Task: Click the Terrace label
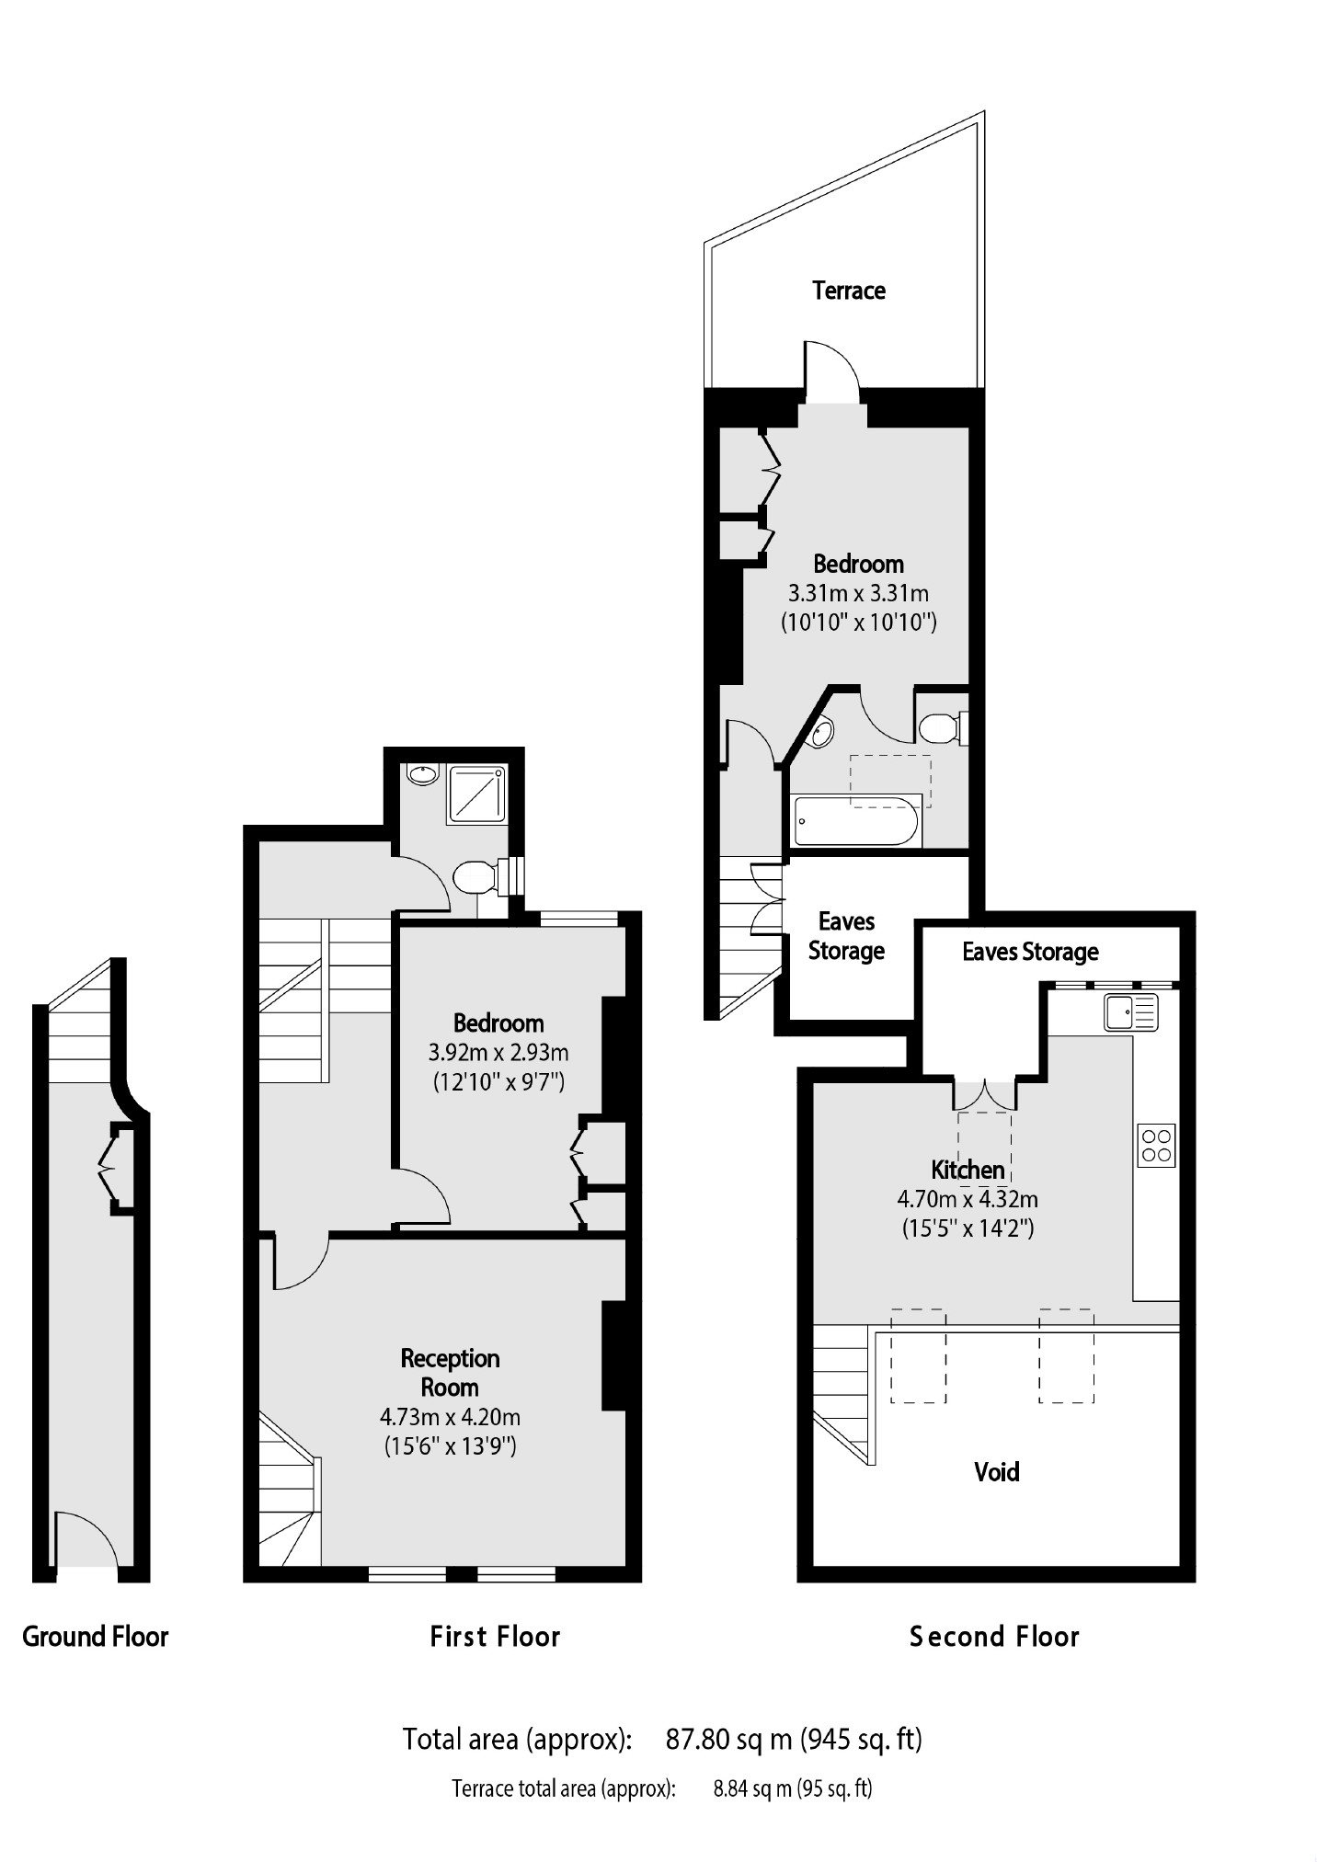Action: (x=848, y=291)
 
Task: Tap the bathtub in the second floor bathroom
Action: (x=855, y=820)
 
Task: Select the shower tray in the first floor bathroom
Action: (x=477, y=794)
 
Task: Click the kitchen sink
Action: (x=1130, y=1013)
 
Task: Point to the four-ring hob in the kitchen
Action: (x=1156, y=1146)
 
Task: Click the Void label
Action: (x=996, y=1472)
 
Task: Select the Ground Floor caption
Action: (x=96, y=1637)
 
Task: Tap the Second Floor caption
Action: (x=993, y=1637)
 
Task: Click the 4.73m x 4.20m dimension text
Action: (x=450, y=1417)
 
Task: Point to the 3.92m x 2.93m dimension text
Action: (x=498, y=1052)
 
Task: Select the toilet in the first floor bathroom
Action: (x=475, y=876)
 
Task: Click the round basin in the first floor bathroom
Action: (x=423, y=775)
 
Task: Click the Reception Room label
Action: (x=450, y=1372)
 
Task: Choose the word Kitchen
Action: (x=968, y=1170)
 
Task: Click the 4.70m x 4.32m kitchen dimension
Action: (x=968, y=1199)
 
